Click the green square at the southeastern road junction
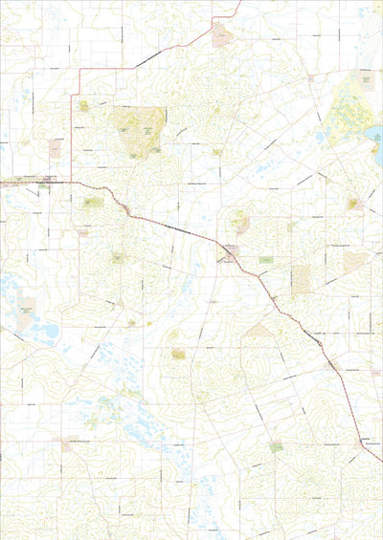(x=277, y=446)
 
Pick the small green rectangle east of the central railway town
(x=265, y=259)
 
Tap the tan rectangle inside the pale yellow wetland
(x=365, y=82)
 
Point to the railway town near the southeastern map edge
(x=365, y=441)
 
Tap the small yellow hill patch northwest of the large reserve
(x=84, y=105)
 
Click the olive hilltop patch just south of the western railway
(x=92, y=203)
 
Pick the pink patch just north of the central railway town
(x=239, y=223)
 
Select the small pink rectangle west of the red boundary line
(x=55, y=148)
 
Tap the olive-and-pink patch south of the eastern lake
(x=352, y=203)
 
